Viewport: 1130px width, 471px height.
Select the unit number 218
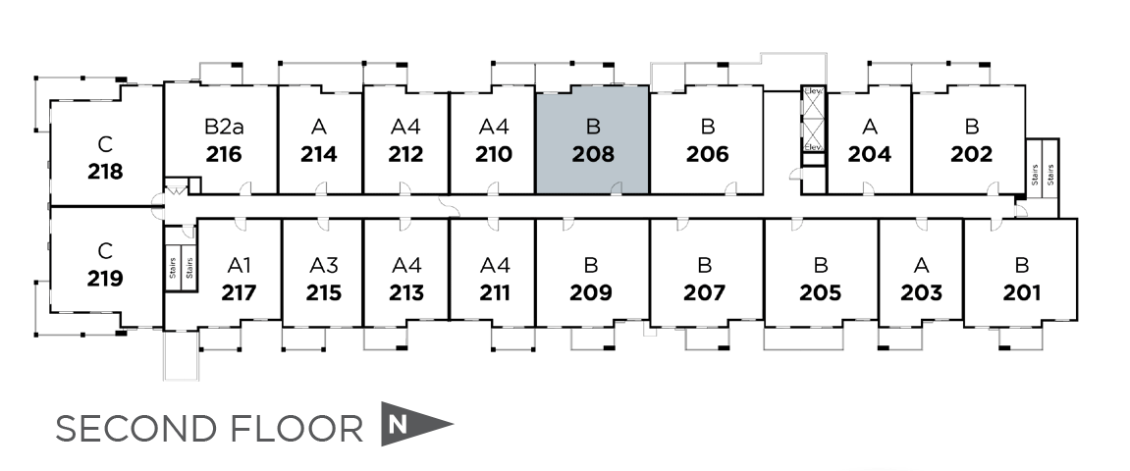tap(105, 172)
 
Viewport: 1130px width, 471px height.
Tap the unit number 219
tap(105, 279)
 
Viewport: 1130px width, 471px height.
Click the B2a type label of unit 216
tap(224, 127)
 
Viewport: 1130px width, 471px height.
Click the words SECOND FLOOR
tap(208, 429)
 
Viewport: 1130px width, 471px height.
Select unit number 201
tap(1022, 292)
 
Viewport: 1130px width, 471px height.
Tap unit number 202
tap(971, 154)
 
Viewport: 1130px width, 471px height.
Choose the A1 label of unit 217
tap(240, 265)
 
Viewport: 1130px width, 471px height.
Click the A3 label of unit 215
tap(323, 265)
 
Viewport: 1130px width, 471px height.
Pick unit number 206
tap(707, 154)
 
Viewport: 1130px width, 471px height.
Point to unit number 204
tap(869, 154)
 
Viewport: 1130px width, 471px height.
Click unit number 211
tap(495, 292)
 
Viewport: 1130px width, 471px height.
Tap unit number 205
tap(820, 292)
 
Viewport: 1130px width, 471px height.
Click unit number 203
tap(921, 292)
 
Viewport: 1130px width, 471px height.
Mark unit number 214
tap(319, 154)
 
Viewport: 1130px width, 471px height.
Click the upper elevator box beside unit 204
tap(813, 104)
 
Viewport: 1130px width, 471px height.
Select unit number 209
tap(591, 292)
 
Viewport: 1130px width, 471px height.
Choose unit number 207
tap(704, 292)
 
